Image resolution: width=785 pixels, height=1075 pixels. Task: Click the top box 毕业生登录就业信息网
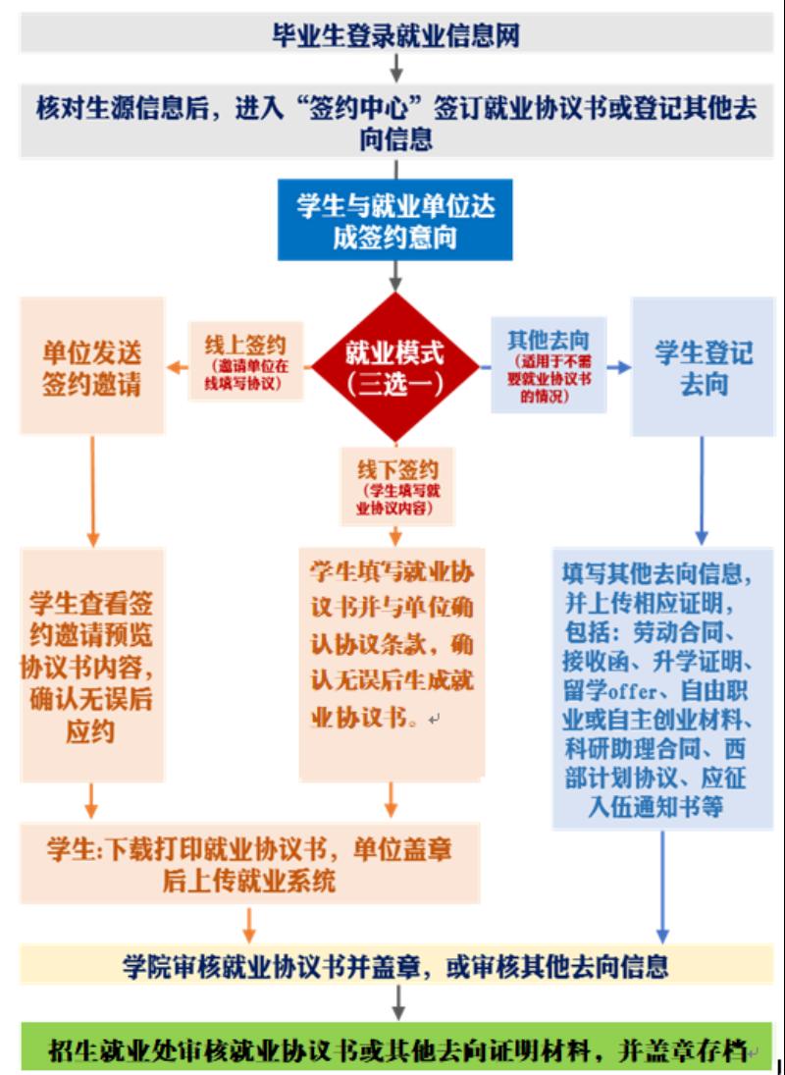(x=394, y=36)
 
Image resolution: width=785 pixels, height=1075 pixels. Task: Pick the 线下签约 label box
(x=396, y=487)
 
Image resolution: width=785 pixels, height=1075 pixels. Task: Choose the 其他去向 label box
(x=549, y=365)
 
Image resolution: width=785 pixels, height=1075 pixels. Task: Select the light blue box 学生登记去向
(x=704, y=367)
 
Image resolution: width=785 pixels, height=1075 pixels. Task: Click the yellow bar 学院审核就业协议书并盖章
(x=395, y=965)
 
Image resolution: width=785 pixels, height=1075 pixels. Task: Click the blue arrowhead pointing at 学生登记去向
(x=623, y=368)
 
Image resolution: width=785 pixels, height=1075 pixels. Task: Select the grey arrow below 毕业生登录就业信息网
(x=396, y=70)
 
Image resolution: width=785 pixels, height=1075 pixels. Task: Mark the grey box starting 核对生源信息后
(x=395, y=123)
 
